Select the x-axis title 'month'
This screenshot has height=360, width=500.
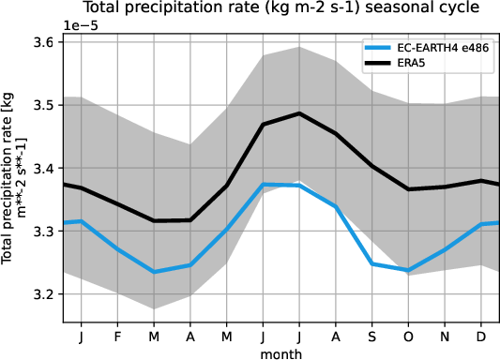click(x=281, y=352)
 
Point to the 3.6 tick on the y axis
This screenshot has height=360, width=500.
click(x=44, y=43)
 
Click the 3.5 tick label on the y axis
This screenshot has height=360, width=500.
click(x=44, y=106)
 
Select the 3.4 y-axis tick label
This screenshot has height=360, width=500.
click(x=44, y=169)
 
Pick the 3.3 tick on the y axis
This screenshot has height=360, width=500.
click(x=44, y=232)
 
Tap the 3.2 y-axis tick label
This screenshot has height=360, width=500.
click(x=44, y=294)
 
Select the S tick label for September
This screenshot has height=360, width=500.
click(x=373, y=335)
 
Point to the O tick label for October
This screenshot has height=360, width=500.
click(x=409, y=335)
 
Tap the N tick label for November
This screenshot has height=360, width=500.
click(x=446, y=335)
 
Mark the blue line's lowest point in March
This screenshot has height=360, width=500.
click(x=154, y=272)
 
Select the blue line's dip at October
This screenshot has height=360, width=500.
click(x=409, y=270)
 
